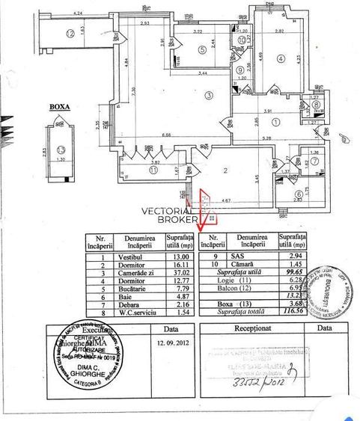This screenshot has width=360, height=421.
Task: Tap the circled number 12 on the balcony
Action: pyautogui.click(x=70, y=32)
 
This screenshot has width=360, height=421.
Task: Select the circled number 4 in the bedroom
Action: pyautogui.click(x=280, y=58)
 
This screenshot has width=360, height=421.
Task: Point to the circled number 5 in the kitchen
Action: pyautogui.click(x=202, y=49)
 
